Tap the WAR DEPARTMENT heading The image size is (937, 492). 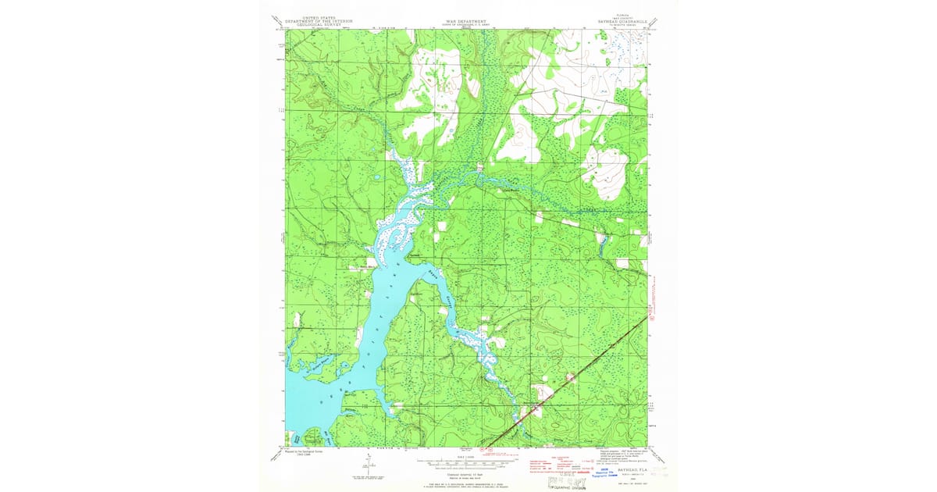467,22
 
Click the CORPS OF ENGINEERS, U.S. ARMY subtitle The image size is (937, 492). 467,27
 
